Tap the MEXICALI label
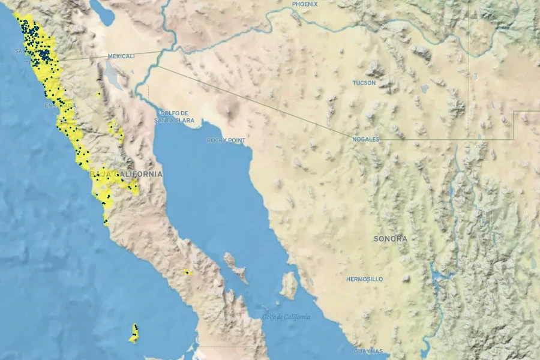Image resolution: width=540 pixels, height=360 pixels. point(121,56)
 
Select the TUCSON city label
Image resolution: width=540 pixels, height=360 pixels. point(364,83)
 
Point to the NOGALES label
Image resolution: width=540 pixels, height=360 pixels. point(366,139)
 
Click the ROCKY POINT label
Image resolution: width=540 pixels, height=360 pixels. point(226,140)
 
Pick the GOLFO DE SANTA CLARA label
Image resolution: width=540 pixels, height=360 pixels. point(174,116)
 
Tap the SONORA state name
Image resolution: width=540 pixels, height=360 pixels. point(390,239)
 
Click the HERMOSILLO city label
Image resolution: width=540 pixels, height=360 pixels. point(364,280)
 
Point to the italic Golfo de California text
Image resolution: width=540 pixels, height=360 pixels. point(286,317)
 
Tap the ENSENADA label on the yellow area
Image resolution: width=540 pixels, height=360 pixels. point(60,106)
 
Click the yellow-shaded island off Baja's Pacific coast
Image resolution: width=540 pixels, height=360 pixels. point(134,334)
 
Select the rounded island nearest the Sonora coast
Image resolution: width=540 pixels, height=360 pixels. point(289,286)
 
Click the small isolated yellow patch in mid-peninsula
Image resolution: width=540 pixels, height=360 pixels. point(187,272)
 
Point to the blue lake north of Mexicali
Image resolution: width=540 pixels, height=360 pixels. point(106,15)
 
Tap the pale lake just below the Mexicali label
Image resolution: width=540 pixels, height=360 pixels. point(113,75)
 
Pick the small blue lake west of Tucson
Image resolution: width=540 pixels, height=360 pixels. point(425,89)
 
